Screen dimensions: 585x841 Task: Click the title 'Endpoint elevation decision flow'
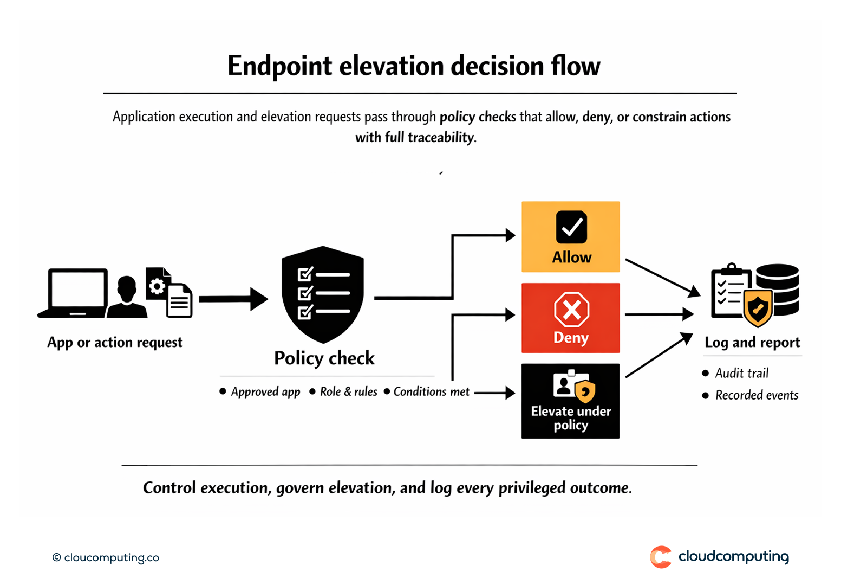(414, 66)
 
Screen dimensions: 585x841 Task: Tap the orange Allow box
(570, 237)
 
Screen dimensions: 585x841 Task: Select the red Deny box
(570, 318)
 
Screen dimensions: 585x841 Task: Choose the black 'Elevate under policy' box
(570, 401)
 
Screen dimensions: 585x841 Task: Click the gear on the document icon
(157, 286)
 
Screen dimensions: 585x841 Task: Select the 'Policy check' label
(324, 358)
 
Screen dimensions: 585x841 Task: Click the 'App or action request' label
(115, 343)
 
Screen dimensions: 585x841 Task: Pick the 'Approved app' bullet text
(265, 392)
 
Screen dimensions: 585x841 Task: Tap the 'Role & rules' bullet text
(348, 392)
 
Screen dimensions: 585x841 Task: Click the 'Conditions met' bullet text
(431, 391)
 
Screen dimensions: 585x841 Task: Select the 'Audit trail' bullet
(741, 374)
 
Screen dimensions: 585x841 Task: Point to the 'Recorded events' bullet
(757, 395)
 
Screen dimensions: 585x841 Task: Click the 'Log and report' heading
(752, 343)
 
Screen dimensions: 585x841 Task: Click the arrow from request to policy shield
(233, 299)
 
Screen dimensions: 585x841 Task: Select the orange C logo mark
(660, 557)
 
